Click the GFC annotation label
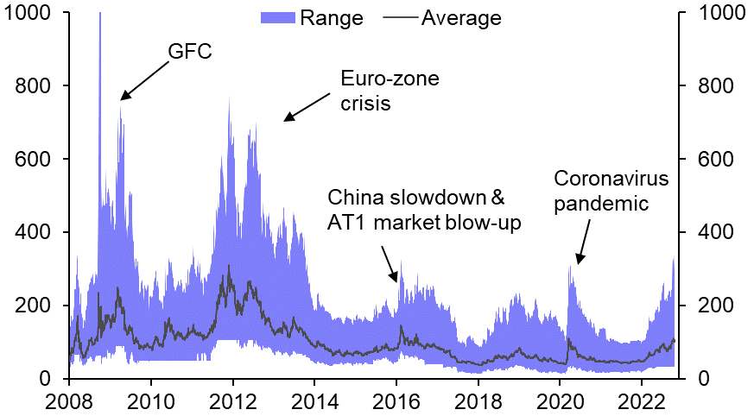[x=189, y=52]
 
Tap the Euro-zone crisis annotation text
[x=390, y=91]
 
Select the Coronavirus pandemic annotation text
[x=611, y=191]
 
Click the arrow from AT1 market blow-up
[x=390, y=260]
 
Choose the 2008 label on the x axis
[x=70, y=400]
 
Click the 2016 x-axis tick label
[x=396, y=400]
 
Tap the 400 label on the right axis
[x=712, y=233]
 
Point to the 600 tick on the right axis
[x=712, y=160]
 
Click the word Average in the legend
[x=461, y=17]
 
